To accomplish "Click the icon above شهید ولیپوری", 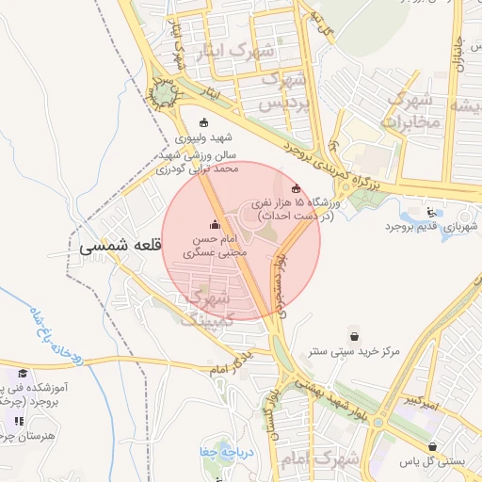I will point(205,122).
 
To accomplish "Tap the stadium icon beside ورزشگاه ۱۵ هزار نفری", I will point(297,189).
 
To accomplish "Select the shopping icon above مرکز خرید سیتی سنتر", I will point(353,336).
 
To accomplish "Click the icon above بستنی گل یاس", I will point(432,447).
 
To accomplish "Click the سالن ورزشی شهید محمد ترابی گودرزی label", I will point(201,162).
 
